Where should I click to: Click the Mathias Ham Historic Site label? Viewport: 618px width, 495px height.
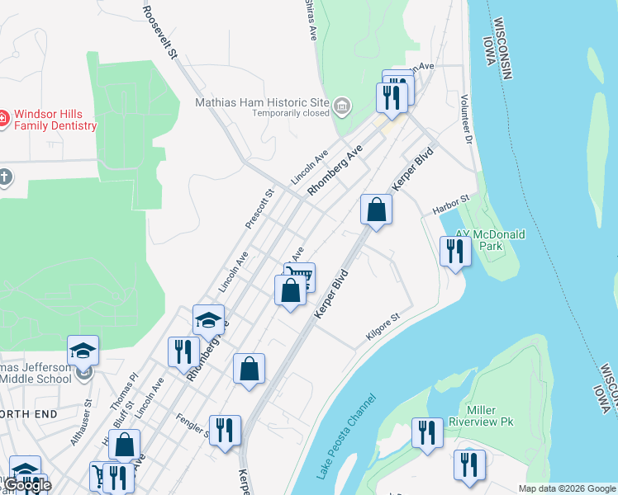click(x=262, y=103)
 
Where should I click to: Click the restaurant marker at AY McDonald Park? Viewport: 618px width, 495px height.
click(x=454, y=249)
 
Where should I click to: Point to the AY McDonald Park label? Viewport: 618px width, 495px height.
click(x=491, y=240)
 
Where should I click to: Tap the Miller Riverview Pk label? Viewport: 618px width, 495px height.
click(x=481, y=416)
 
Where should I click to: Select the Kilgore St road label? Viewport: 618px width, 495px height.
click(x=383, y=328)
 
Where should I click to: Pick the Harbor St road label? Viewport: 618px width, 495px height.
click(x=450, y=204)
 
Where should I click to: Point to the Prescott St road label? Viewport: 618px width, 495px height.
click(x=259, y=210)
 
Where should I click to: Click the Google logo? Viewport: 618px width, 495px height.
click(x=27, y=485)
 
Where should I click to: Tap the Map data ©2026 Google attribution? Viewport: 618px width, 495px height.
click(x=566, y=488)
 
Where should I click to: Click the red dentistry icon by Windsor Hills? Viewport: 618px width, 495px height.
click(x=4, y=120)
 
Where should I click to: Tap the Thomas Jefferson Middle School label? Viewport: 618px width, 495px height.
click(x=36, y=373)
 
